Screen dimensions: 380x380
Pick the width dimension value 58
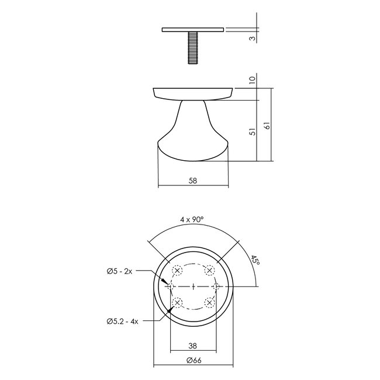point(192,181)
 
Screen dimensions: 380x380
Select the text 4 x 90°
point(192,220)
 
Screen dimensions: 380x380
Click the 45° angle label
point(255,260)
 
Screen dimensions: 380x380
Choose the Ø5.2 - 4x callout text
point(122,320)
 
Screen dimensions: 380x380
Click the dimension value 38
point(192,345)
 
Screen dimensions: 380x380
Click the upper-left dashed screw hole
point(178,271)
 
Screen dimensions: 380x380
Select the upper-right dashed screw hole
point(208,271)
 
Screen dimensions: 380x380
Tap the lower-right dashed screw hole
point(208,302)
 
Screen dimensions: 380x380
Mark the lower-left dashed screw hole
point(178,302)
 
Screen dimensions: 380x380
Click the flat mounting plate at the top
point(192,29)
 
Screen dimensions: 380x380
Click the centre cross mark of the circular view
point(193,286)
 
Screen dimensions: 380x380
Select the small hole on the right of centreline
point(216,286)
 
